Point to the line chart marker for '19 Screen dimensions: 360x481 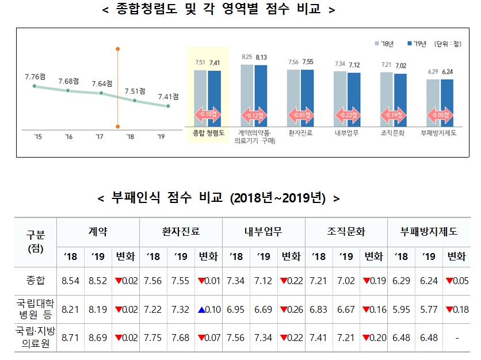tap(168, 106)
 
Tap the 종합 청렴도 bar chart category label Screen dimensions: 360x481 tap(208, 132)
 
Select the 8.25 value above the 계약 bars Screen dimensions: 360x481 tap(247, 57)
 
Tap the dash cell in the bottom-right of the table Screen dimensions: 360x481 tap(456, 336)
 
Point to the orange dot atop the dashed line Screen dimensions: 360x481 tap(117, 48)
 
